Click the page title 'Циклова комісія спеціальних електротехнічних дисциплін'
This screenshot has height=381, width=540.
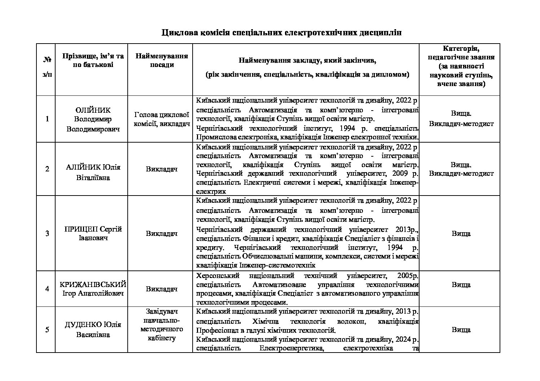(x=281, y=33)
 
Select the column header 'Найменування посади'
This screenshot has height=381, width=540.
(x=162, y=60)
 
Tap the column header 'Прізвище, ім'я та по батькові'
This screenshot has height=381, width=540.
(x=93, y=60)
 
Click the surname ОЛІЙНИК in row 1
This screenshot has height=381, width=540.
(x=93, y=110)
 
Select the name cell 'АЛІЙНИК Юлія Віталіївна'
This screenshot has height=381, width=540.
(x=93, y=172)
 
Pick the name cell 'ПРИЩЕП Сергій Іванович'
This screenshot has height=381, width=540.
(x=93, y=233)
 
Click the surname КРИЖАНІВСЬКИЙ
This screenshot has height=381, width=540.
(x=93, y=284)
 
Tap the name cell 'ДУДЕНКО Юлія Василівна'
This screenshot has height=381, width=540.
(x=93, y=330)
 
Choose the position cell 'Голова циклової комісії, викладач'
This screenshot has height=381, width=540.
(x=162, y=119)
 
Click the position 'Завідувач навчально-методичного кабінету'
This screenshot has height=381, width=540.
(x=162, y=324)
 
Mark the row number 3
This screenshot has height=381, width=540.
(x=47, y=233)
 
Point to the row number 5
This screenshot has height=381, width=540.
(x=47, y=330)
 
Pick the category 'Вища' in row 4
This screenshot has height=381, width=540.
(x=461, y=284)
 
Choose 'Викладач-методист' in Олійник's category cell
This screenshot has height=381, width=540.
(x=461, y=124)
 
